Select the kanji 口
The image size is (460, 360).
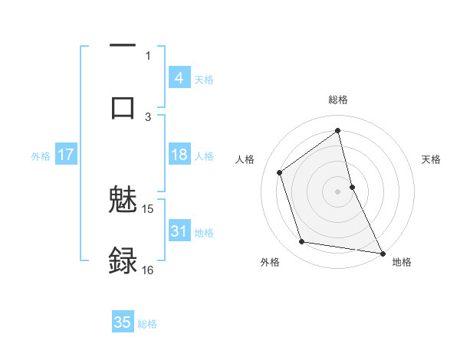[123, 106]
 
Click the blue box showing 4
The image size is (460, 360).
[179, 78]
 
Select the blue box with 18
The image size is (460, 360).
[179, 155]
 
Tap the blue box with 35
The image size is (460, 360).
[123, 322]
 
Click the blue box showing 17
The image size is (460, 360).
[66, 155]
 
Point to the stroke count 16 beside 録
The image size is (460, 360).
[148, 270]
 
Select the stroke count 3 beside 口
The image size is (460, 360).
[148, 116]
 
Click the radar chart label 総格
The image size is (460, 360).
[338, 100]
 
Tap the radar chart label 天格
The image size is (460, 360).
[432, 159]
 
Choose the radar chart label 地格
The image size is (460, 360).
[402, 262]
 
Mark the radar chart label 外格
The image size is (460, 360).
[270, 262]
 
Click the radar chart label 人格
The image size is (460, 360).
[245, 159]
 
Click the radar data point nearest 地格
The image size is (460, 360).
[382, 252]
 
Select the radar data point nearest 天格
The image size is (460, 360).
[352, 186]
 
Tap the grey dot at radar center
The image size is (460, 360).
[337, 191]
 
